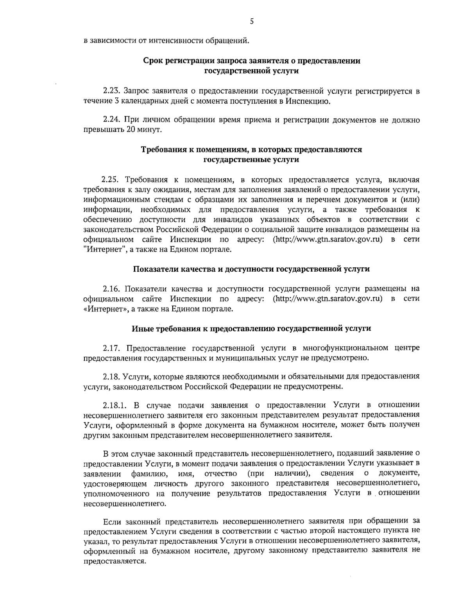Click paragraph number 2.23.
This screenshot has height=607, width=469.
click(x=111, y=91)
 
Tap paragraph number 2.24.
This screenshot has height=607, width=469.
click(x=111, y=120)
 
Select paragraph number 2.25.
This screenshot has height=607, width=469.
click(x=110, y=180)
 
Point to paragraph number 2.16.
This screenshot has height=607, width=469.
click(x=111, y=289)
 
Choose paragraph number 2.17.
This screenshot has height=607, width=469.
click(x=111, y=348)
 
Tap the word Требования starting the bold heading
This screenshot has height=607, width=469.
click(x=160, y=150)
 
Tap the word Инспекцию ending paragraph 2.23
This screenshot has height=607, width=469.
click(x=307, y=102)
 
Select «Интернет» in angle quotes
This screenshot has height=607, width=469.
click(x=104, y=309)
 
